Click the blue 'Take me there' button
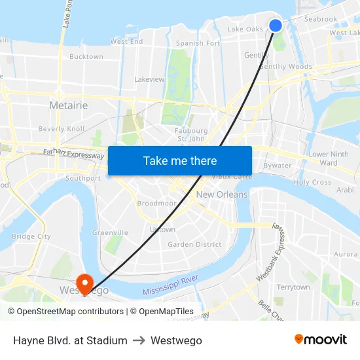180,160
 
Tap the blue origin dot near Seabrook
276,26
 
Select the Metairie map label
68,105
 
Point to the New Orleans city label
222,194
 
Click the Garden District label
194,245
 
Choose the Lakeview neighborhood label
149,79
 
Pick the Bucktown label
86,57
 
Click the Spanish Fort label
198,43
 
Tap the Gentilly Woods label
285,67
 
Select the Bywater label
277,166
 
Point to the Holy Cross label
313,183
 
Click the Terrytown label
293,287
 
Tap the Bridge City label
31,236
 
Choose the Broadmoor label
156,204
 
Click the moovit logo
321,340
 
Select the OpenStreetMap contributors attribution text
66,312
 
